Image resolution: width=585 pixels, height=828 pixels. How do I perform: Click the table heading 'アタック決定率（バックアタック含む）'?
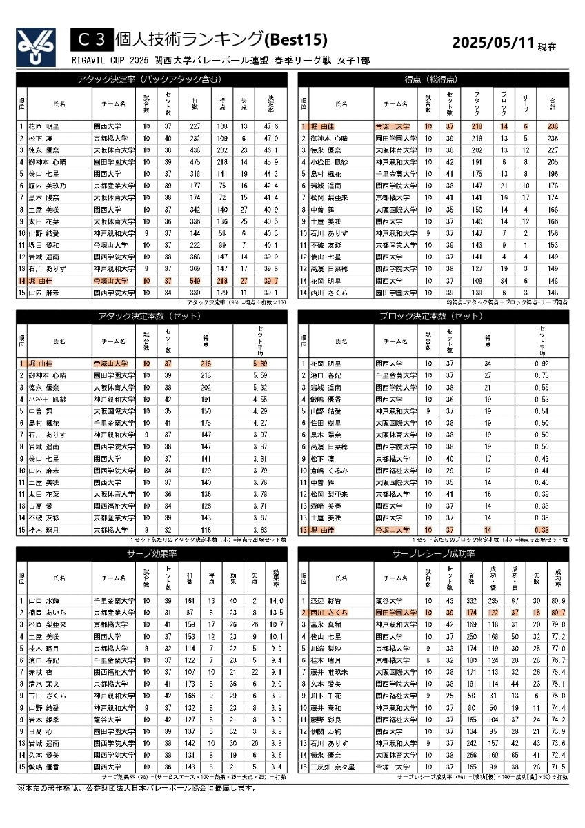pos(151,79)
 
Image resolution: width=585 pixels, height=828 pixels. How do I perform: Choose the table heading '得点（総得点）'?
pos(433,79)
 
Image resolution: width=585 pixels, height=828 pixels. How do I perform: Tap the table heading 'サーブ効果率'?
pos(151,554)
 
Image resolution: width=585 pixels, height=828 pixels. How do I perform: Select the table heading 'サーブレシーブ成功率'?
pos(433,554)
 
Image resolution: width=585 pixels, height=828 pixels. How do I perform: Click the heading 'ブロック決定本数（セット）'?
pos(433,317)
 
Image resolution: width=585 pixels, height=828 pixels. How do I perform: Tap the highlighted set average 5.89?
pos(260,364)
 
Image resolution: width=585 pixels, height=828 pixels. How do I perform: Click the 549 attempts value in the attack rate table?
pos(195,282)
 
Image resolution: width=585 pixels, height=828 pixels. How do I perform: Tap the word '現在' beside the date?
pos(547,46)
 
